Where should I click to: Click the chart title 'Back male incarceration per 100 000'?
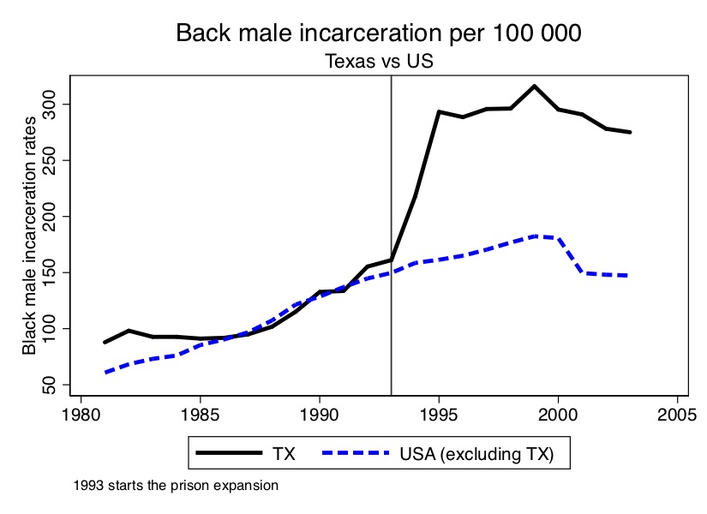379,33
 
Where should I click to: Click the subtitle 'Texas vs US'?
378,62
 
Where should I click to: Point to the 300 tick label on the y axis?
54,105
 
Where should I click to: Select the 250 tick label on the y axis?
54,160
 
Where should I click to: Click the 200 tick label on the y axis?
54,217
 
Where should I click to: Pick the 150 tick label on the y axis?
54,272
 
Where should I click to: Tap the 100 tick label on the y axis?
54,329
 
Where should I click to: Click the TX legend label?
285,454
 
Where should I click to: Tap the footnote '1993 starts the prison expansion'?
177,486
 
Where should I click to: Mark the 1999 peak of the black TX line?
534,86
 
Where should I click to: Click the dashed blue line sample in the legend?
353,454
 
